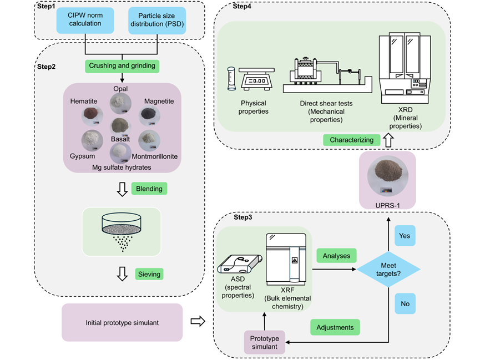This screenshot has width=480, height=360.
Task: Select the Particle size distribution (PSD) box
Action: [156, 21]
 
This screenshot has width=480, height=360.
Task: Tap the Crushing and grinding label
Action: [122, 67]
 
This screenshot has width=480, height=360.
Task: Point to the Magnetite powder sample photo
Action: [150, 115]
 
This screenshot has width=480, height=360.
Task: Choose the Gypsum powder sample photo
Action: [90, 139]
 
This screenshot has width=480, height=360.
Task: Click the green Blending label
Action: [149, 189]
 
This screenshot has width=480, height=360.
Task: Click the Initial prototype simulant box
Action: [122, 322]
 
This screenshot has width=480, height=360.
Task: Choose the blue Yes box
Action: [405, 236]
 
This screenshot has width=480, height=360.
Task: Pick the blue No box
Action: [405, 303]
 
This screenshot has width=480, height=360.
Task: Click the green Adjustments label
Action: [335, 327]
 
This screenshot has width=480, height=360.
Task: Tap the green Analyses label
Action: [336, 255]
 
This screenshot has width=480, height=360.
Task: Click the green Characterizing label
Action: [352, 140]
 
